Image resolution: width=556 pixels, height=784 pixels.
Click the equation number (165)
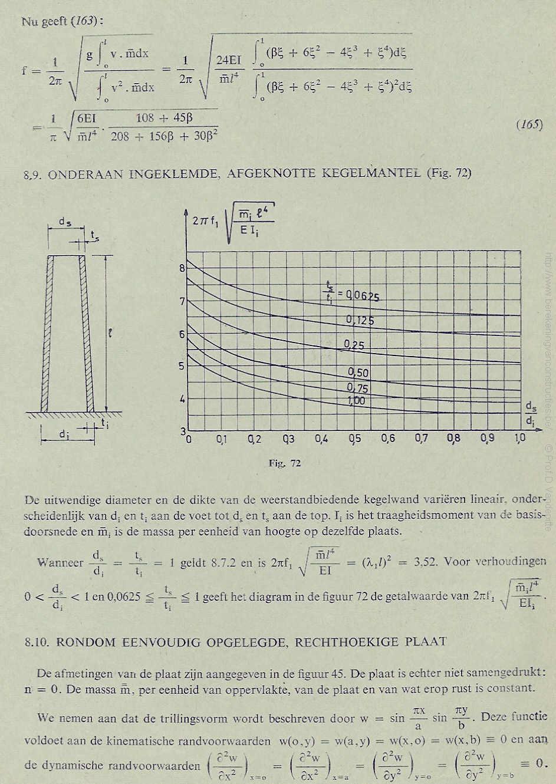coord(529,124)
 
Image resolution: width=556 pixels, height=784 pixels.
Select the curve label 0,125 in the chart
coord(360,321)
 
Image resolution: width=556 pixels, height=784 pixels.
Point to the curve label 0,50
coord(357,373)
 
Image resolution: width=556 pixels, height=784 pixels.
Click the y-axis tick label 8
coord(182,268)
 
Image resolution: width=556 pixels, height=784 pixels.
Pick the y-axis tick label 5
coord(182,365)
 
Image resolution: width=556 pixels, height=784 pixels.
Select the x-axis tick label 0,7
coord(421,439)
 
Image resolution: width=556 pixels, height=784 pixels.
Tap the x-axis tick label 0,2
coord(255,439)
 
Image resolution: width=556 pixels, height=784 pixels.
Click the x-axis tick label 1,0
coord(520,439)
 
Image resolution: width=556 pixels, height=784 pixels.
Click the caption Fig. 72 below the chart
coord(285,463)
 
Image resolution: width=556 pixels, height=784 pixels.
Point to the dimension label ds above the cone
coord(65,222)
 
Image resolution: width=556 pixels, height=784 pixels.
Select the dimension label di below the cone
coord(64,434)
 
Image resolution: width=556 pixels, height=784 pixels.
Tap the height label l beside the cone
coord(110,334)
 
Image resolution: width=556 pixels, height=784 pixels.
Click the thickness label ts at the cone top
coord(95,235)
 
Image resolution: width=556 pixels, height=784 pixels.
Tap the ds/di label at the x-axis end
coord(531,414)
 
